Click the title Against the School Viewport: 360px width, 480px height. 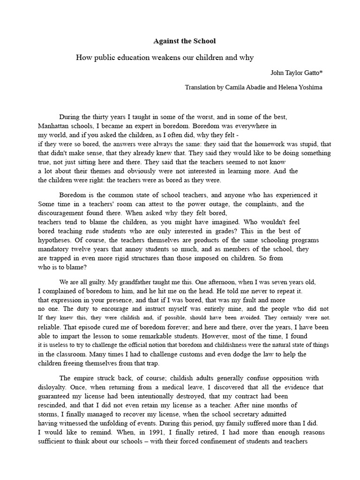(x=185, y=41)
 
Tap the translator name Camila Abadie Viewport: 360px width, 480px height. (x=244, y=87)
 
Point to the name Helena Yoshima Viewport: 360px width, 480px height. (x=300, y=87)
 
